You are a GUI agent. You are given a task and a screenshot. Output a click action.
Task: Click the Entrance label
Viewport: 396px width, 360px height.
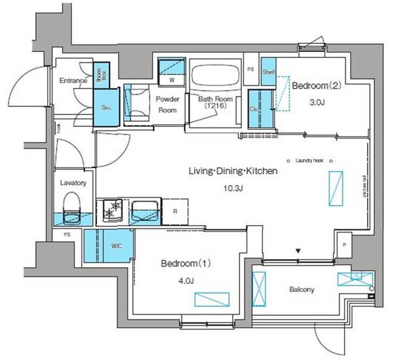tap(72, 80)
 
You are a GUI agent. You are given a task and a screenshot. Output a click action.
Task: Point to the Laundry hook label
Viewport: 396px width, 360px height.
tap(309, 160)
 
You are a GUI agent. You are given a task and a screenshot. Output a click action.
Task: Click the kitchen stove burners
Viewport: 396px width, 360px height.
tap(112, 210)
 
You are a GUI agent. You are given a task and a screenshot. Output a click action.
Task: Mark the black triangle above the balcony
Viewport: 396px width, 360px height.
tap(299, 251)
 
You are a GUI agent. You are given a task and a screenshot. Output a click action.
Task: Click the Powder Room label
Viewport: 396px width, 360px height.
tap(167, 105)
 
